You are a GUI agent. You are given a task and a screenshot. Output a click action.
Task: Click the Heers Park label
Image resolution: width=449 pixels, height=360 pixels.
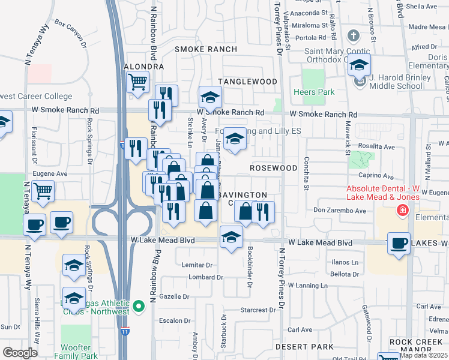(x=313, y=92)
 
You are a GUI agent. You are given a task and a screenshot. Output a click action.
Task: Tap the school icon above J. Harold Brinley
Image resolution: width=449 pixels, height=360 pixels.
(x=360, y=65)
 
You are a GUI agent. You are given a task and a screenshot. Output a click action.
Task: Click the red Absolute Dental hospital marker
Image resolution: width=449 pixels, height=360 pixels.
(x=402, y=211)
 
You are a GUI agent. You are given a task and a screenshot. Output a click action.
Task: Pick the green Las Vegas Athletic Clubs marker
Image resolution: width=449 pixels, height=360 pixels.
(x=139, y=307)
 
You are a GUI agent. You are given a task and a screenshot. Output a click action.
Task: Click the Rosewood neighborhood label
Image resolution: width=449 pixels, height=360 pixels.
(x=273, y=168)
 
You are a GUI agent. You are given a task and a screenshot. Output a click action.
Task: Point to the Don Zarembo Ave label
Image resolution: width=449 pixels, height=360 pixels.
(x=340, y=211)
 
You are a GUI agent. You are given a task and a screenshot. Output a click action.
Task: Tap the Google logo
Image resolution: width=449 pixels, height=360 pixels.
(x=20, y=353)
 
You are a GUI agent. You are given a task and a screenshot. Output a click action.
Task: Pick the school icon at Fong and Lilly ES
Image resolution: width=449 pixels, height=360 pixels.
(x=235, y=139)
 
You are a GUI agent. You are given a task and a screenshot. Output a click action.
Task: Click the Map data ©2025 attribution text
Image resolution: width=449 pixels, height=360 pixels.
(x=424, y=355)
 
